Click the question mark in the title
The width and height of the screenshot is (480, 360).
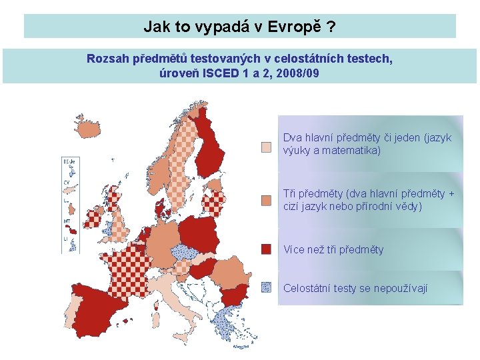(x=331, y=27)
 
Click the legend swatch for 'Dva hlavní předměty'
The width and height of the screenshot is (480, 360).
(x=266, y=147)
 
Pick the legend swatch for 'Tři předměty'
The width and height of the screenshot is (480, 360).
(x=266, y=200)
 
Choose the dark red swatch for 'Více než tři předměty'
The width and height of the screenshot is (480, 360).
(x=266, y=249)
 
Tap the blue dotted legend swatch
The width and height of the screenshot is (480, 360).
(x=266, y=287)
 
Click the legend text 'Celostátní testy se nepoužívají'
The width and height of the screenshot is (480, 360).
(x=355, y=288)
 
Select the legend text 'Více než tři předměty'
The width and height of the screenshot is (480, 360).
(x=333, y=250)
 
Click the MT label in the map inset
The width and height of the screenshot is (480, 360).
(x=67, y=221)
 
